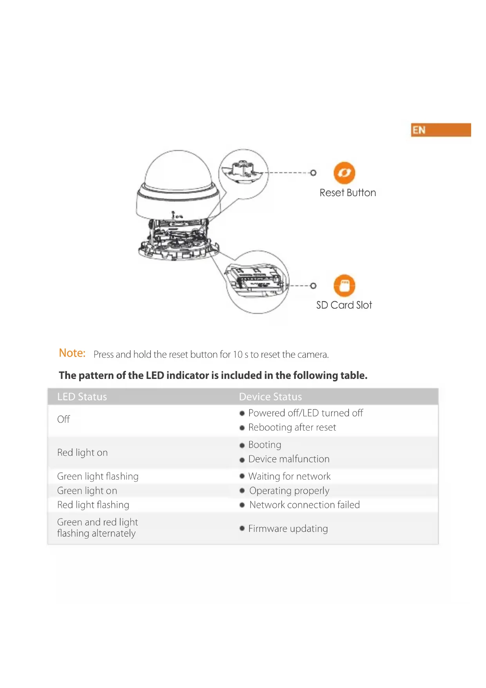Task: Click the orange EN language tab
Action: pos(441,130)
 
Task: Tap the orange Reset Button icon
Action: pos(344,173)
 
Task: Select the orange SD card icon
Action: pos(344,285)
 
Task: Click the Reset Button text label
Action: pos(347,193)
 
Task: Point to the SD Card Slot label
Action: pos(344,305)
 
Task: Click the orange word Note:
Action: pos(72,353)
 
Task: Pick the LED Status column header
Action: pos(82,397)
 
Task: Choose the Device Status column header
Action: pos(270,397)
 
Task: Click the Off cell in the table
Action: pos(63,419)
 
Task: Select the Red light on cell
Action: pos(82,453)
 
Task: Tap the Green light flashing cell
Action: pos(98,477)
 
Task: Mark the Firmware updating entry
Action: pos(288,529)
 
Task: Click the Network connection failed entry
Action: pos(304,505)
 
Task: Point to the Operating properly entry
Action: pos(289,491)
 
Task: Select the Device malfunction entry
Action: pos(289,459)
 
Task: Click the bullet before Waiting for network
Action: pos(242,476)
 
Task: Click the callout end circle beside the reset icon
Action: pos(313,173)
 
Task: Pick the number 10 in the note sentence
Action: pos(238,355)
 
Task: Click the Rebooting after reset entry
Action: pos(292,428)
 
